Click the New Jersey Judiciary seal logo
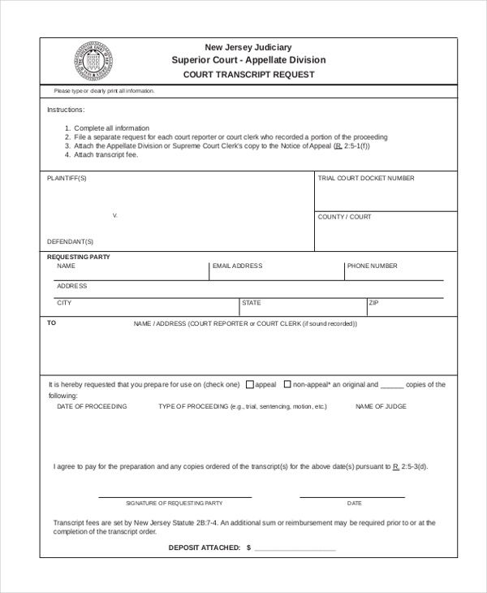pyautogui.click(x=92, y=61)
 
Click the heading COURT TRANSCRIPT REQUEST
pyautogui.click(x=248, y=74)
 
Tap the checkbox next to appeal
pyautogui.click(x=250, y=384)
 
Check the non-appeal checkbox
pyautogui.click(x=287, y=384)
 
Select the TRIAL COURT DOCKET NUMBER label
pyautogui.click(x=366, y=178)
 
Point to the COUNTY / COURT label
pyautogui.click(x=345, y=217)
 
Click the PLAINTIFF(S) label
pyautogui.click(x=67, y=178)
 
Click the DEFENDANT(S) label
pyautogui.click(x=71, y=241)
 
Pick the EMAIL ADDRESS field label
pyautogui.click(x=237, y=266)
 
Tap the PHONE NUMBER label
pyautogui.click(x=373, y=266)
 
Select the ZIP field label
pyautogui.click(x=374, y=303)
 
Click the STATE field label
pyautogui.click(x=252, y=303)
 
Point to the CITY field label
pyautogui.click(x=64, y=303)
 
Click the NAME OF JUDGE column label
pyautogui.click(x=381, y=406)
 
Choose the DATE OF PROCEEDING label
pyautogui.click(x=92, y=406)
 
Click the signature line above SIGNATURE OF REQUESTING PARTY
pyautogui.click(x=175, y=496)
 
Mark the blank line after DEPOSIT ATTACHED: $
pyautogui.click(x=295, y=551)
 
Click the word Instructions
pyautogui.click(x=66, y=109)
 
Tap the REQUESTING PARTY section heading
pyautogui.click(x=79, y=257)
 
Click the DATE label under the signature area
pyautogui.click(x=355, y=504)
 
